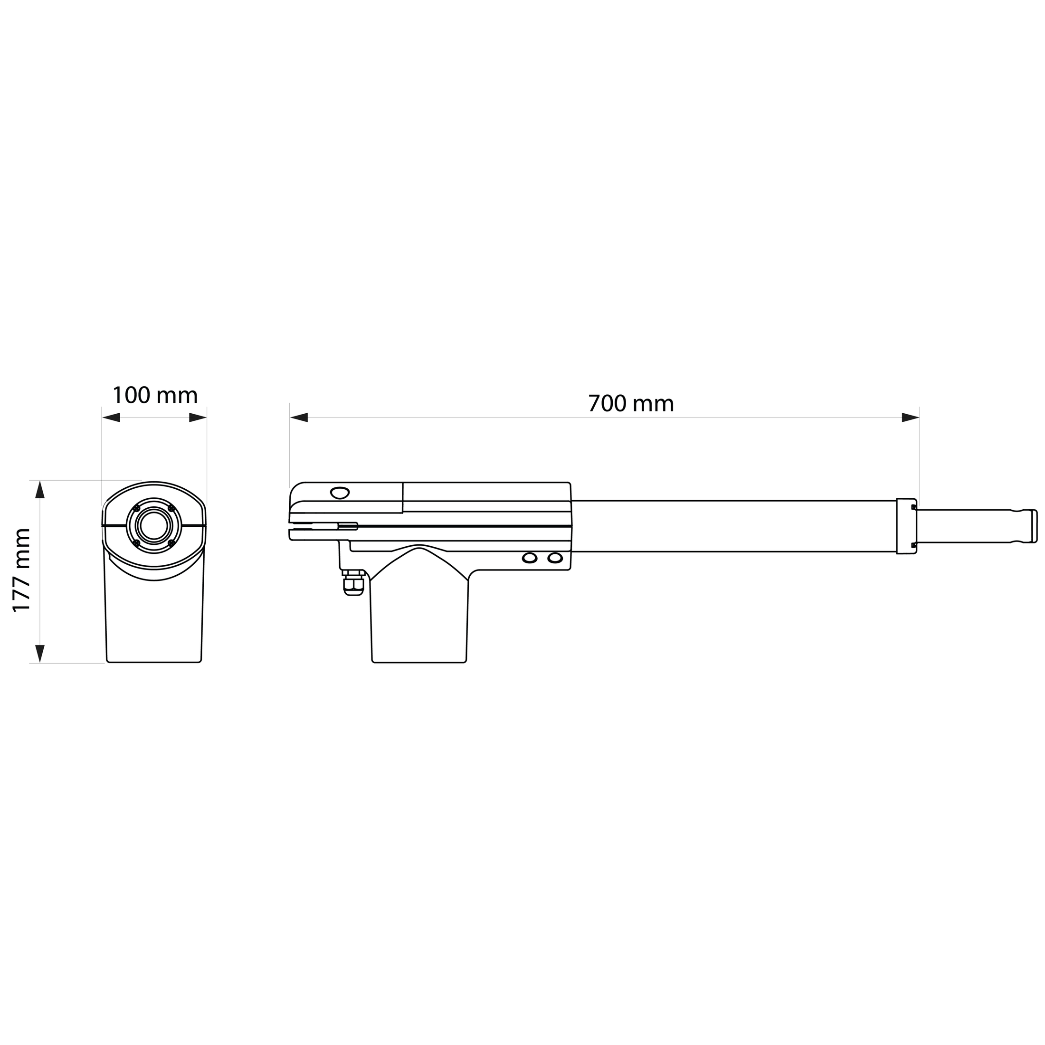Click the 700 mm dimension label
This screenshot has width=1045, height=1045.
631,404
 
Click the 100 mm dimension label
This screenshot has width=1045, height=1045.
155,395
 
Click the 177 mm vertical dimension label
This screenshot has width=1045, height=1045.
22,570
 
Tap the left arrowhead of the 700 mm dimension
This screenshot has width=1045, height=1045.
299,418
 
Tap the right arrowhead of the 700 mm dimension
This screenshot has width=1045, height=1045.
910,418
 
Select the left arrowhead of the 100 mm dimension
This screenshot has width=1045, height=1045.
111,418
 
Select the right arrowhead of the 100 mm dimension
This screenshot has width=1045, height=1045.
198,418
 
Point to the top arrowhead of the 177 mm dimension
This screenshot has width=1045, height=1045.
39,490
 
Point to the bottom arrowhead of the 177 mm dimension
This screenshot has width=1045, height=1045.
39,654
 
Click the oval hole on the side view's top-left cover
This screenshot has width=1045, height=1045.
340,493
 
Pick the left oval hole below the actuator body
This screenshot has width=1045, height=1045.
530,558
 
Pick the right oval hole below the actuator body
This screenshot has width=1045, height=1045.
555,558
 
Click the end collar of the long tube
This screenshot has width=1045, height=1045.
906,526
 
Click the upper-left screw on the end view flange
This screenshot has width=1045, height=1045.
136,508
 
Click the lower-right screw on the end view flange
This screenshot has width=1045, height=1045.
171,542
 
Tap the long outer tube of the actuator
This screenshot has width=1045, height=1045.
730,526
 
